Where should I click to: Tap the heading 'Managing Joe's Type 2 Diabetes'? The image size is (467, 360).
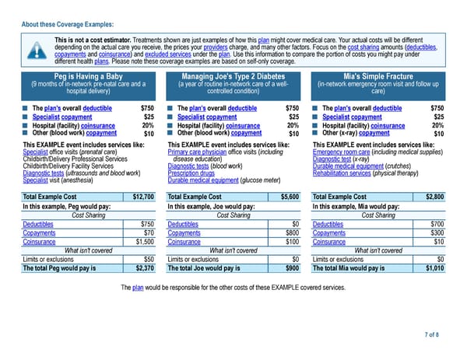tap(233, 75)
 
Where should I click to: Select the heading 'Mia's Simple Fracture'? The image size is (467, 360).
tap(378, 75)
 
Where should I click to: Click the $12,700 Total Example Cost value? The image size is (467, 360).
tap(143, 196)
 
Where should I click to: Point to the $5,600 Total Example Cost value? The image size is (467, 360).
tap(290, 196)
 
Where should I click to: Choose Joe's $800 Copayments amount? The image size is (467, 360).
tap(292, 232)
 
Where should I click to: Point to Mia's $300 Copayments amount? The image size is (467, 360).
tap(436, 232)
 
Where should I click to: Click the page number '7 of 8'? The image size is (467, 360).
tap(431, 334)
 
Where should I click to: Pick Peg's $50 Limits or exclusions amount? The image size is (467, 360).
tap(148, 259)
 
